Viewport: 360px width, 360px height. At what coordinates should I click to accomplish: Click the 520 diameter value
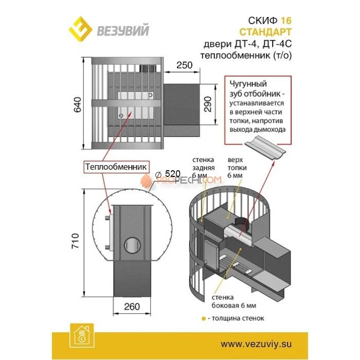(x=171, y=174)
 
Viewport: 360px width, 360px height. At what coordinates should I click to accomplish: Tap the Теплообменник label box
(x=116, y=167)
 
